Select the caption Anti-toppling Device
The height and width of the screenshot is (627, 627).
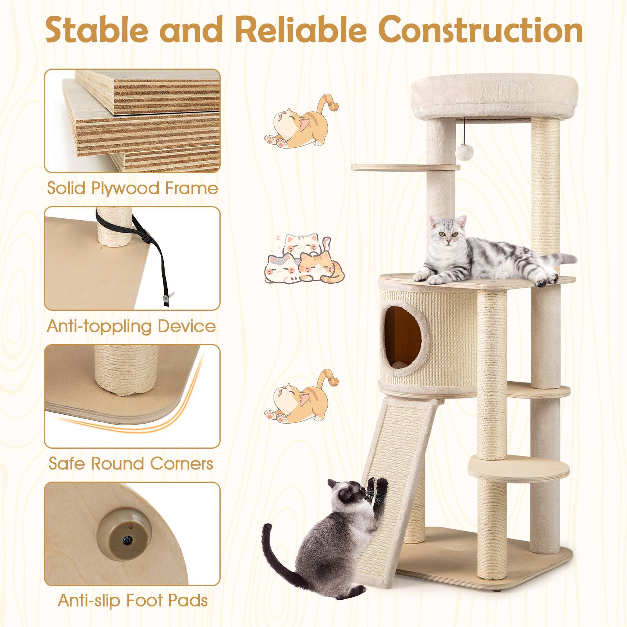point(131,326)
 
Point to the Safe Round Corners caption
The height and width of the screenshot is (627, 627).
point(131,464)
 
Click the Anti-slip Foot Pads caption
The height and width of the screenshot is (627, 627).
point(132,600)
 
